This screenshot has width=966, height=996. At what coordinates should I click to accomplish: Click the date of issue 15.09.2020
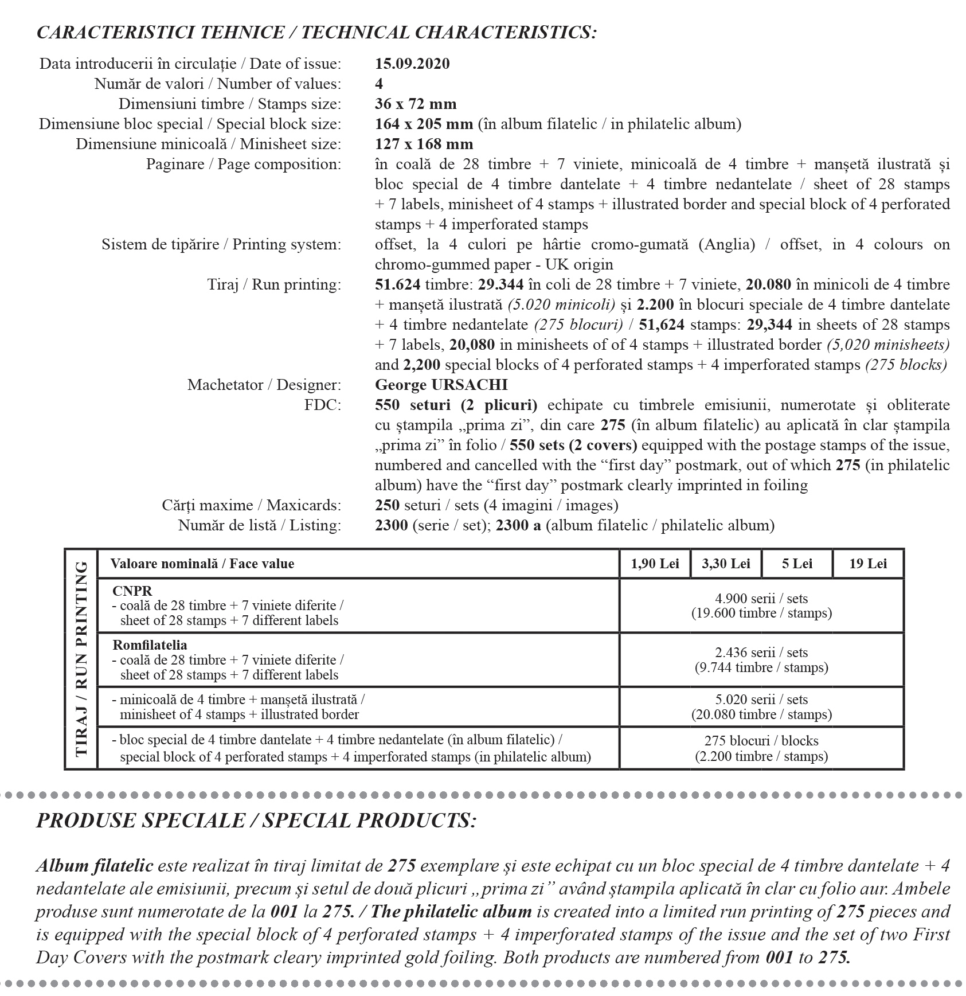pos(412,64)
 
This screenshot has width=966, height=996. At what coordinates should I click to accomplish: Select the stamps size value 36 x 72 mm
pos(416,104)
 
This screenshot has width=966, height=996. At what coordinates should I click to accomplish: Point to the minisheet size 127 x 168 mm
pos(424,144)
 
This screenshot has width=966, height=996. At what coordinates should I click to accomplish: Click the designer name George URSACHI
pos(441,385)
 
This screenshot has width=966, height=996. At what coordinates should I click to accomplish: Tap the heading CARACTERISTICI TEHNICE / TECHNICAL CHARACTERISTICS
pos(316,33)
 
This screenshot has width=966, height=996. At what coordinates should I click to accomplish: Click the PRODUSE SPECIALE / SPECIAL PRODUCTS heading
pos(256,821)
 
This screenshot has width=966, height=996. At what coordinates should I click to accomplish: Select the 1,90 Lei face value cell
pos(655,564)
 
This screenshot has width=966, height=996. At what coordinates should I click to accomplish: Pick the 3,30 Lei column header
pos(726,564)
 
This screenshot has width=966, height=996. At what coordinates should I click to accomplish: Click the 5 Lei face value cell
pos(797,564)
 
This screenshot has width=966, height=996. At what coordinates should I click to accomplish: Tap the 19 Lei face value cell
pos(868,564)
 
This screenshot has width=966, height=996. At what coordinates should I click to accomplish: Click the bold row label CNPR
pos(132,591)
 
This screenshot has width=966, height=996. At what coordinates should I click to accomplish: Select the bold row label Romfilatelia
pos(150,645)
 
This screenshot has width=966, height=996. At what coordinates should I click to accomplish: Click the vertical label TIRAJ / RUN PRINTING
pos(81,658)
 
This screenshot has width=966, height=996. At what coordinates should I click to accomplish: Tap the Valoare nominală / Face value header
pos(202,564)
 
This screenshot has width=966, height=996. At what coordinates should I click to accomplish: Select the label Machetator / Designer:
pos(264,385)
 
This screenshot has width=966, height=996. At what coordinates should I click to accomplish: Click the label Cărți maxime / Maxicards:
pos(251,505)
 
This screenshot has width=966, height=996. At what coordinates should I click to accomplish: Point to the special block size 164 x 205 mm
pos(424,124)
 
